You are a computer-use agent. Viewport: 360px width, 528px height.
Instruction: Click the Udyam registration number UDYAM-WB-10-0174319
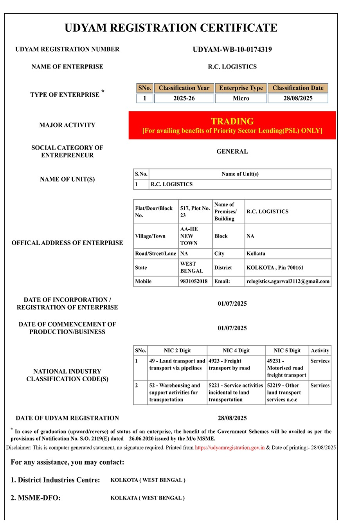(x=232, y=49)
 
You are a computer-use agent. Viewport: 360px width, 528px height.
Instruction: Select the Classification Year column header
(x=184, y=88)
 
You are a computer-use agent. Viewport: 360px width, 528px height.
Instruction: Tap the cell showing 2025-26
(x=184, y=98)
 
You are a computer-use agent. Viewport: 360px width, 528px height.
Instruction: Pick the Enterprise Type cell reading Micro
(x=241, y=98)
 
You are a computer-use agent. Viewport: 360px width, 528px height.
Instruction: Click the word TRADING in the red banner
(x=232, y=121)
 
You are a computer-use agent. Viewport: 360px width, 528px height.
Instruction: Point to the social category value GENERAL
(x=232, y=151)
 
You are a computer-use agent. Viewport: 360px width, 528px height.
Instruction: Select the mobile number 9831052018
(x=194, y=281)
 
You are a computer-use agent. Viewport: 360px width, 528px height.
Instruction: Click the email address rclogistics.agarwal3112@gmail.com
(x=288, y=281)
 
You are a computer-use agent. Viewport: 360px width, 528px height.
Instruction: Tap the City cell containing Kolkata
(x=256, y=254)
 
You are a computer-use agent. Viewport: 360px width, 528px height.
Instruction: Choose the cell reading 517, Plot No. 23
(x=195, y=212)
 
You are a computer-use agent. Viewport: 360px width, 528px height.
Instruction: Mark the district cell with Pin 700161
(x=275, y=268)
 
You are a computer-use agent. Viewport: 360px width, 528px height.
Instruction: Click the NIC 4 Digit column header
(x=236, y=351)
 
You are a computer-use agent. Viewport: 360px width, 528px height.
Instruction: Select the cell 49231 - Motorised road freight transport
(x=286, y=368)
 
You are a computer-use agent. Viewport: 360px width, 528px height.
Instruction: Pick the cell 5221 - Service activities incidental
(x=236, y=392)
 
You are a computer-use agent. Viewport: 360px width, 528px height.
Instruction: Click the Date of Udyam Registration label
(x=67, y=418)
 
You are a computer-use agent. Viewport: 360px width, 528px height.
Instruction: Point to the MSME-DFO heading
(x=36, y=498)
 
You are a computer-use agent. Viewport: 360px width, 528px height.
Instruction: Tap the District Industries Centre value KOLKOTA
(x=148, y=480)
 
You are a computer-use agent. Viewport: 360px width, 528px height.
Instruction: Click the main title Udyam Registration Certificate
(x=171, y=28)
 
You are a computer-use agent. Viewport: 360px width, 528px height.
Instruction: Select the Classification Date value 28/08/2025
(x=298, y=98)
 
